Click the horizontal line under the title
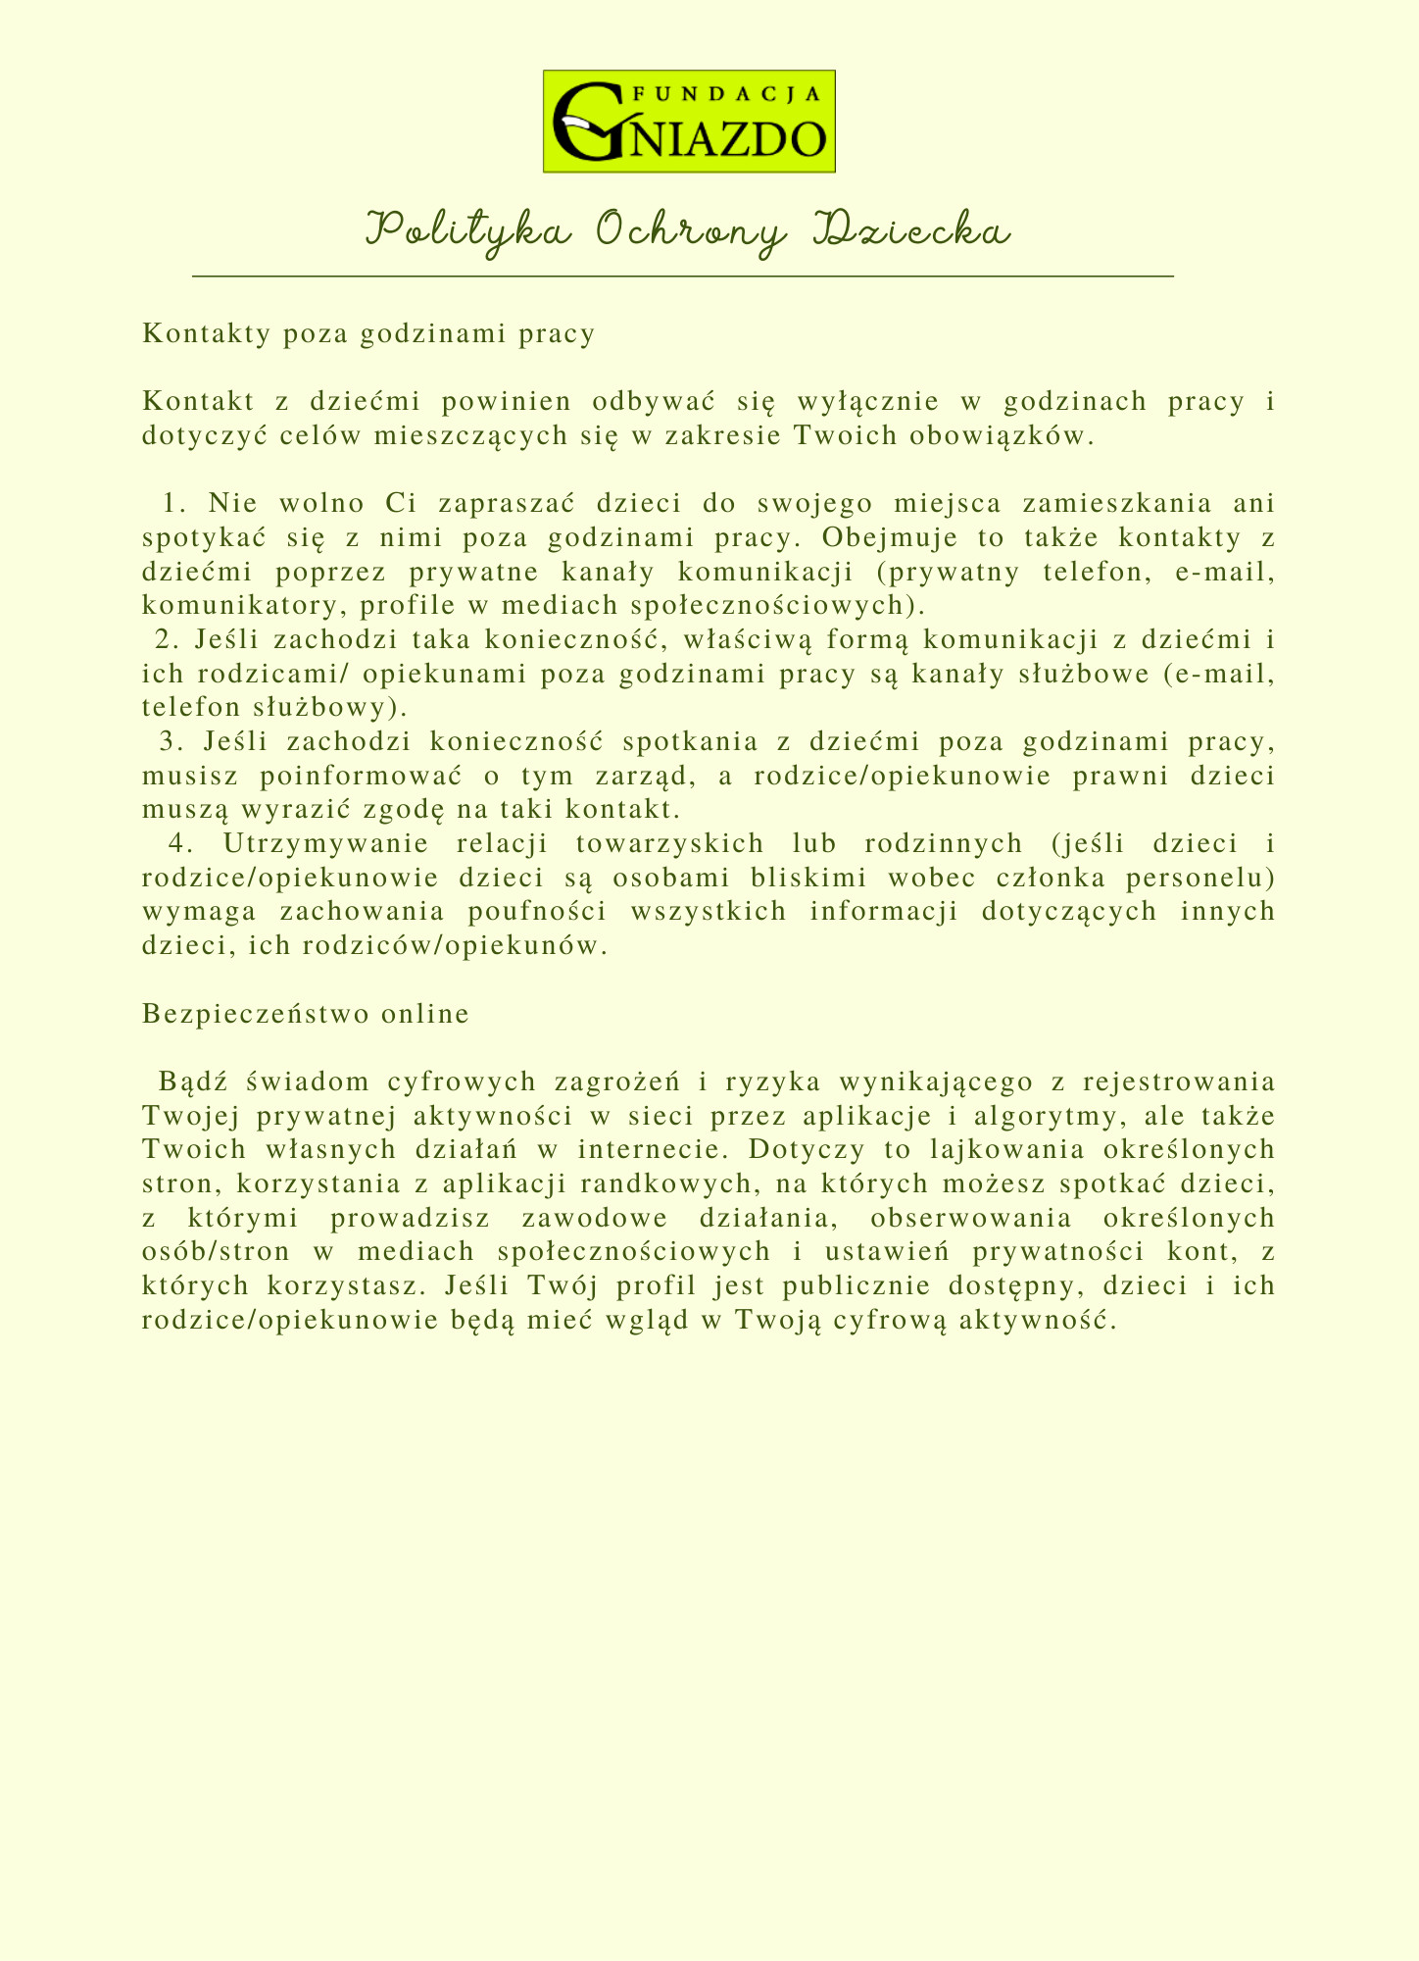(683, 277)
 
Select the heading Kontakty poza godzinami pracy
(368, 334)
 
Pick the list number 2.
(167, 640)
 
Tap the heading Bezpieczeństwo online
(306, 1014)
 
